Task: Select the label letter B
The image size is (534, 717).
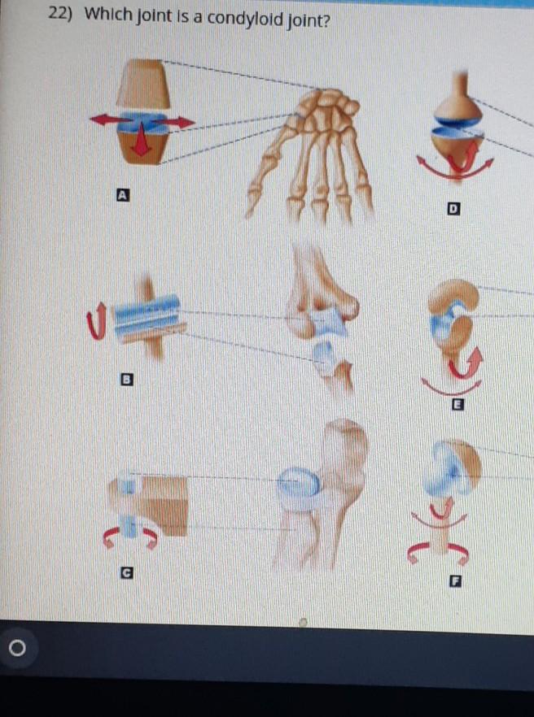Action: [126, 379]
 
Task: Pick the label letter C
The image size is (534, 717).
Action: [125, 574]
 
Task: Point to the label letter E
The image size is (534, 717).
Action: [457, 405]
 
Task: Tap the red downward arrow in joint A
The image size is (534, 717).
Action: [142, 141]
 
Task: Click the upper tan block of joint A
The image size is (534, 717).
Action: [143, 85]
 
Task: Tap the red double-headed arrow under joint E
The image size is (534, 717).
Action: [452, 383]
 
